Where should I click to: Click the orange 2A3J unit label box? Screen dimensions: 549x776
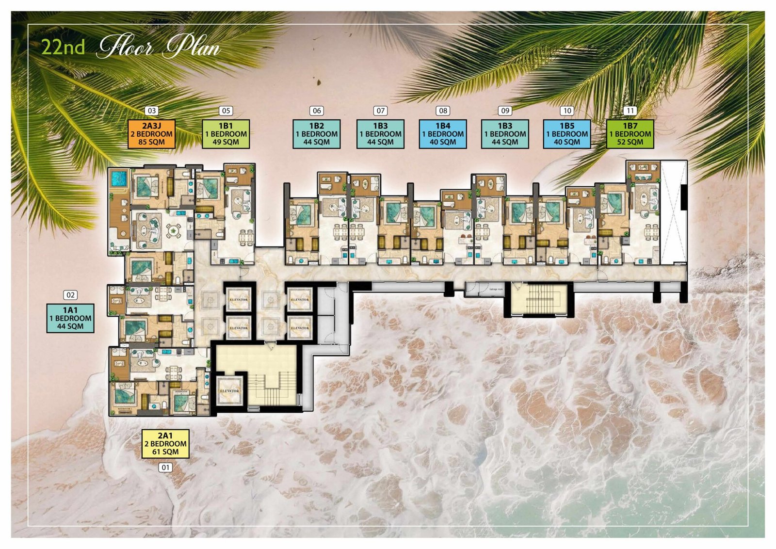pyautogui.click(x=151, y=134)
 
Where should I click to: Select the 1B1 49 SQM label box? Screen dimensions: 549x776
pyautogui.click(x=226, y=134)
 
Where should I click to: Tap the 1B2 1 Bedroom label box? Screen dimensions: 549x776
pyautogui.click(x=316, y=134)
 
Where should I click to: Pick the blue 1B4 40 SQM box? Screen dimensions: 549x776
pyautogui.click(x=442, y=134)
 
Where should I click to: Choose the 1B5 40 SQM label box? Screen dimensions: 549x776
pyautogui.click(x=566, y=134)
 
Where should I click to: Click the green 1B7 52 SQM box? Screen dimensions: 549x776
pyautogui.click(x=630, y=134)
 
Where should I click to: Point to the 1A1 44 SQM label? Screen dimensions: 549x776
pyautogui.click(x=70, y=318)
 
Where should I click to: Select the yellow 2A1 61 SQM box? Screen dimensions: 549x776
pyautogui.click(x=165, y=444)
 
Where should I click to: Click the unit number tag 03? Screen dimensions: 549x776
pyautogui.click(x=152, y=111)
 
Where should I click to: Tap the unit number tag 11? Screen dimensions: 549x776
pyautogui.click(x=630, y=111)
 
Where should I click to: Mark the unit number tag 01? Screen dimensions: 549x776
pyautogui.click(x=165, y=468)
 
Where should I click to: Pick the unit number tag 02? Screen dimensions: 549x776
pyautogui.click(x=70, y=295)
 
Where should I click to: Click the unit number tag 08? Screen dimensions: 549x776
pyautogui.click(x=443, y=111)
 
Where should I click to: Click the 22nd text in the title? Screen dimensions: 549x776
pyautogui.click(x=63, y=47)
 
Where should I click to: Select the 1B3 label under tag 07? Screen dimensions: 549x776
pyautogui.click(x=380, y=134)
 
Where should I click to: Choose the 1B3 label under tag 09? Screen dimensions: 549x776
pyautogui.click(x=505, y=134)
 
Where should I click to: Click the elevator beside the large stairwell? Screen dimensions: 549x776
pyautogui.click(x=229, y=390)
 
